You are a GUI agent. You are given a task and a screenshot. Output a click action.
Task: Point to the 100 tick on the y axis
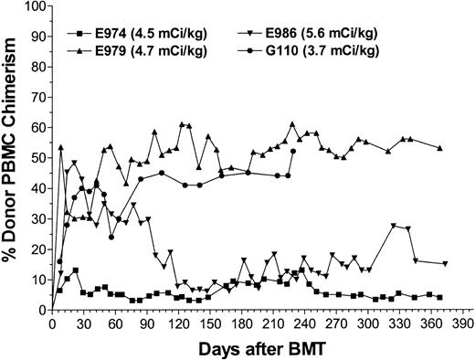32,6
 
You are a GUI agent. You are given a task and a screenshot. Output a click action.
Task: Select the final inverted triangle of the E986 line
445,263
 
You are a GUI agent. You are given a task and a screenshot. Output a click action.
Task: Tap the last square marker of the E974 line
440,297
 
